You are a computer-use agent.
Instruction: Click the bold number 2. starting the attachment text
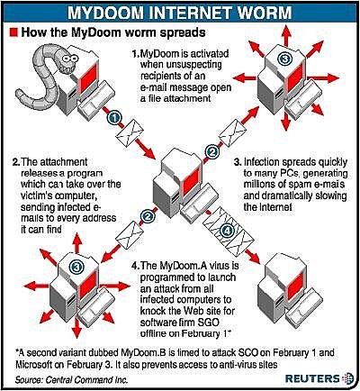point(17,162)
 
